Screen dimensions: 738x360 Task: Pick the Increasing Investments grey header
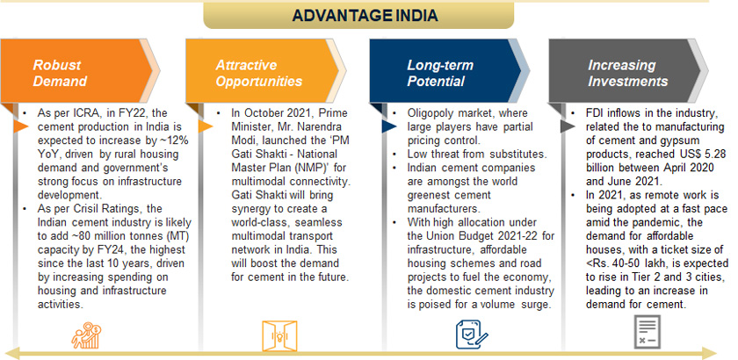628,71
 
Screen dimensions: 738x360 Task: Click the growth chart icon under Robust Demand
86,335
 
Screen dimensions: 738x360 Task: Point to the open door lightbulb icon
279,336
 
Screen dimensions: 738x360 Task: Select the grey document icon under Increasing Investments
648,332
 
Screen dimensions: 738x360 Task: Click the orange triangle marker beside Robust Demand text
21,126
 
